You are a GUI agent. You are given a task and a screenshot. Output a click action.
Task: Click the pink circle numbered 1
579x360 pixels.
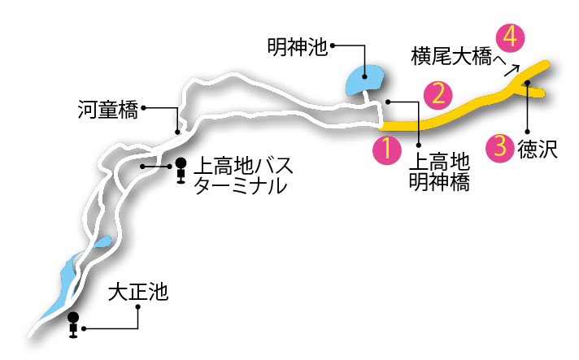387,149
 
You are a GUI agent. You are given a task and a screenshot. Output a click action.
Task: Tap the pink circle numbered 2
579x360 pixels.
438,94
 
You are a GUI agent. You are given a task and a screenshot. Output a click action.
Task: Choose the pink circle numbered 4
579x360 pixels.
511,37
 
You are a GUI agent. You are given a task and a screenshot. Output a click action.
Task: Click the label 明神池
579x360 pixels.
297,47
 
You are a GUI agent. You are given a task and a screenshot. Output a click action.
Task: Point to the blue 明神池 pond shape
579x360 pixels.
365,80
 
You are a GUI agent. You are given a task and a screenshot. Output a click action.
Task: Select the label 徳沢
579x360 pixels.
537,150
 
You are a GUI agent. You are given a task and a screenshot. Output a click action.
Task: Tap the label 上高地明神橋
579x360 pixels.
438,171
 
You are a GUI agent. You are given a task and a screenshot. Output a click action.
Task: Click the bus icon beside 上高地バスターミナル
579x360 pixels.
181,171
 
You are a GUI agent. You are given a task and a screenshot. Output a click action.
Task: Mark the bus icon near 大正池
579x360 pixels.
73,324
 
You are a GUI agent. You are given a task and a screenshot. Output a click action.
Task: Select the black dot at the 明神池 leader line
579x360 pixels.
333,46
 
